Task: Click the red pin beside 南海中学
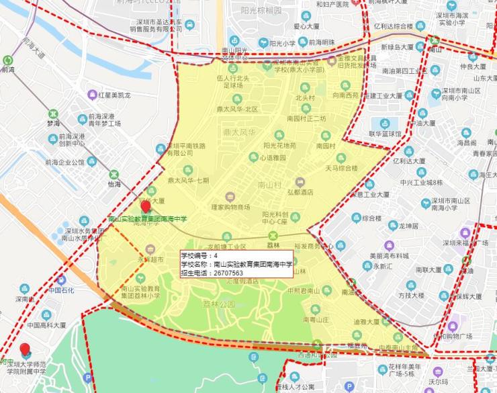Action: pyautogui.click(x=144, y=206)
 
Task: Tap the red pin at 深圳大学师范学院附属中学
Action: pyautogui.click(x=26, y=349)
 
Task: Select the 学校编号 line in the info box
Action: pyautogui.click(x=200, y=256)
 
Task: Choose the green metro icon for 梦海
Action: pyautogui.click(x=52, y=114)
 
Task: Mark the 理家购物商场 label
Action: pyautogui.click(x=230, y=206)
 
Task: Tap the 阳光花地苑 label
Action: pyautogui.click(x=280, y=145)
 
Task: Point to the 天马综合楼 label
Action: pyautogui.click(x=341, y=167)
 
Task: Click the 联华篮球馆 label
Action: pyautogui.click(x=384, y=133)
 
